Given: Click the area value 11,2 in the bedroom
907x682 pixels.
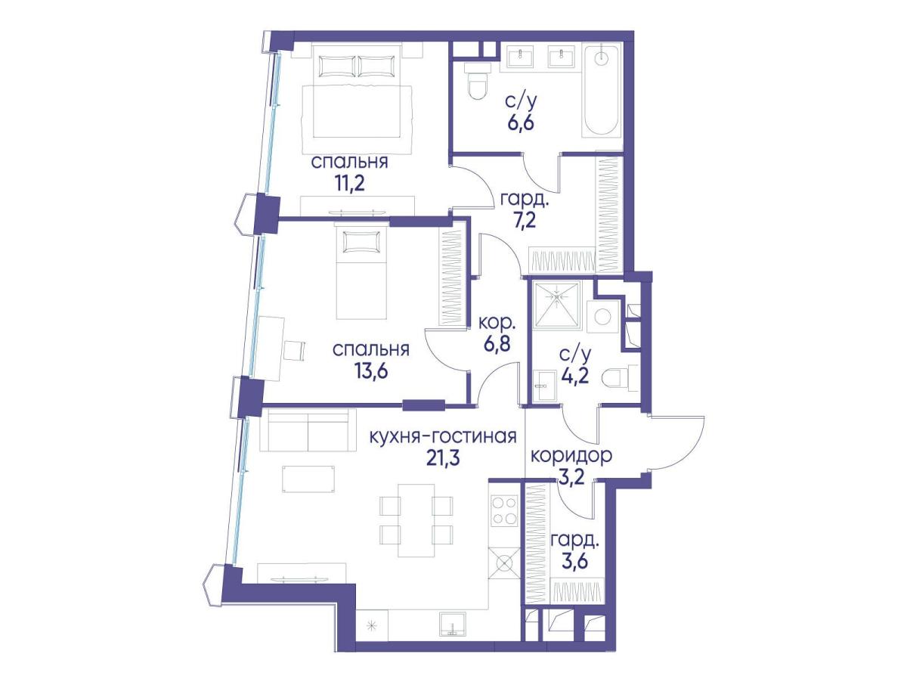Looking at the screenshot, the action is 350,183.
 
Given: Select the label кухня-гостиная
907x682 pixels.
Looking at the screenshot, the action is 443,437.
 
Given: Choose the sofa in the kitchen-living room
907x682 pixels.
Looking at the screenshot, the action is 308,430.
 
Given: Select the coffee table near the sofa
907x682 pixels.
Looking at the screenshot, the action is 308,479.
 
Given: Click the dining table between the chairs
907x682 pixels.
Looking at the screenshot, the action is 416,521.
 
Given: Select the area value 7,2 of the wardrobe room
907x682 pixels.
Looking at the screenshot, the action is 524,221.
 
